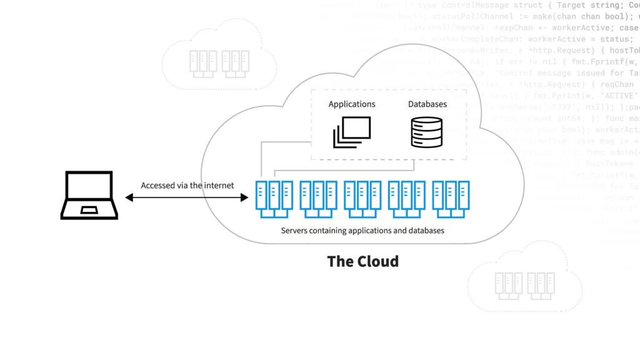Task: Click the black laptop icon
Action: [89, 195]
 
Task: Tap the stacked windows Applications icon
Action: [351, 132]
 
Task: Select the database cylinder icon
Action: [427, 132]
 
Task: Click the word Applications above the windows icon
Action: [352, 104]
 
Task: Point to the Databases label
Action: [427, 104]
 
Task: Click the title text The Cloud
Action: [362, 261]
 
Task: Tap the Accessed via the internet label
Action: [187, 186]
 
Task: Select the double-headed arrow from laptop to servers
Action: [187, 197]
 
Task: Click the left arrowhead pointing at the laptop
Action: [129, 197]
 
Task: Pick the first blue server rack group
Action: [274, 199]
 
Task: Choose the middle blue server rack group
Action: [362, 199]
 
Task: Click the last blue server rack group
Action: [451, 199]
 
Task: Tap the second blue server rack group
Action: [318, 199]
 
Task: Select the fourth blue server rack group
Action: [406, 199]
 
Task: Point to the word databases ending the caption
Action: [426, 231]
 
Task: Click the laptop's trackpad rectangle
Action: [89, 209]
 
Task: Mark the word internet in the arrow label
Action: [219, 186]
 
